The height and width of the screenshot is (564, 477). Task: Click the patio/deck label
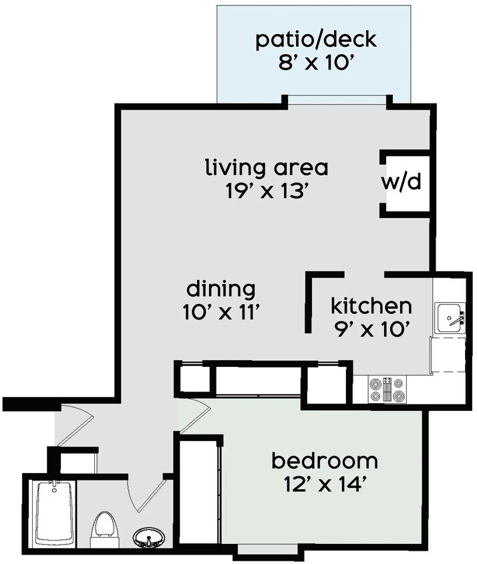coord(316,39)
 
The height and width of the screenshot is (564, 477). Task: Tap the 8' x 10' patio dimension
coord(316,65)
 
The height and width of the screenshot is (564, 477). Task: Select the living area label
coord(267,166)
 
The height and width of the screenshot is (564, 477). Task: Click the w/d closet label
coord(404,182)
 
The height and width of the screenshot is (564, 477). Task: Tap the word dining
coord(220,289)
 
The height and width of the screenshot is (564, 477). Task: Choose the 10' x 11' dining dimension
coord(220,311)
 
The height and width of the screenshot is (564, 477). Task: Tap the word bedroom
coord(324,460)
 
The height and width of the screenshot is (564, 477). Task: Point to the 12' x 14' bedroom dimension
coord(324,485)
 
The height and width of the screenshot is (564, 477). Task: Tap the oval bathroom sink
coord(149,537)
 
